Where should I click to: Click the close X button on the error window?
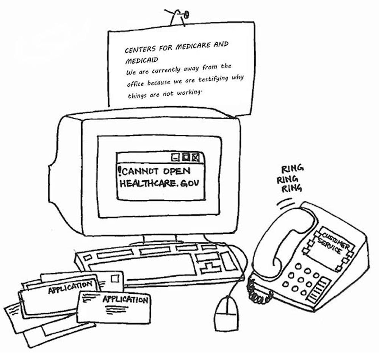[196, 157]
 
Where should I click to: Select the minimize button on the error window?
[175, 157]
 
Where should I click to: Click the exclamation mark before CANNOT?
[120, 171]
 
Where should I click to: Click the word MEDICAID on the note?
[141, 60]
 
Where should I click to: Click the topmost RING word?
[292, 169]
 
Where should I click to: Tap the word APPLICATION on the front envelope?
[125, 300]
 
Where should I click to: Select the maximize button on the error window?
[186, 157]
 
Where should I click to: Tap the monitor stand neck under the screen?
[160, 238]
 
